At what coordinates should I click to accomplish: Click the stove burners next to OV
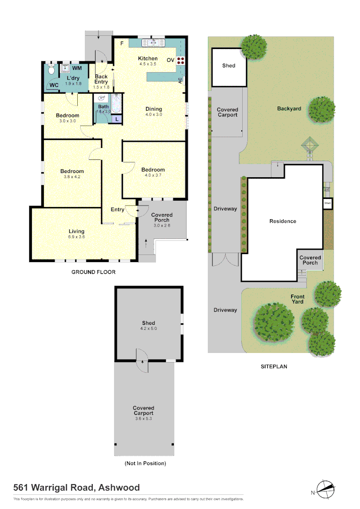coord(181,60)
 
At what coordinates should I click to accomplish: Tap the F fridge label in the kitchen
coord(122,43)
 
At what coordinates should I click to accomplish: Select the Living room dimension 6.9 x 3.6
coord(76,237)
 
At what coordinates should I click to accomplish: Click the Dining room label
coord(154,109)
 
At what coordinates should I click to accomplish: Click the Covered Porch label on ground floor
coord(162,218)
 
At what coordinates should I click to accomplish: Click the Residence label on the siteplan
coord(283,221)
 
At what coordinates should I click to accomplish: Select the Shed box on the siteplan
coord(229,67)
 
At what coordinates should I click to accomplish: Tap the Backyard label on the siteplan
coord(289,109)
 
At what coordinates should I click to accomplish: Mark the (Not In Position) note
coord(145,463)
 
